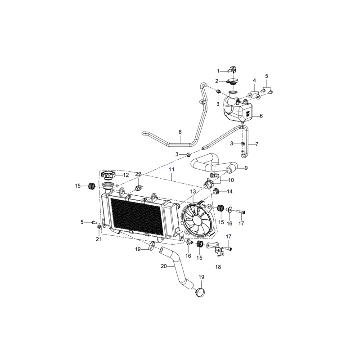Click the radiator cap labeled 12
[x=108, y=175]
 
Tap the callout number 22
[x=138, y=174]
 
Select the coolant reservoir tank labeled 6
[x=238, y=109]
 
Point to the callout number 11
[x=171, y=170]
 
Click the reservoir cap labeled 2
[x=232, y=81]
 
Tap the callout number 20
[x=164, y=266]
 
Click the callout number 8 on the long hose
[x=180, y=132]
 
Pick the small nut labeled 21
[x=99, y=227]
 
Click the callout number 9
[x=246, y=168]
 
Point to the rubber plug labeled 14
[x=216, y=191]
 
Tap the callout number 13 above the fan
[x=193, y=191]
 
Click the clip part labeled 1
[x=232, y=70]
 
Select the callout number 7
[x=256, y=144]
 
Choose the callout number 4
[x=254, y=81]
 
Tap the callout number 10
[x=231, y=180]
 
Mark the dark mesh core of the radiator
[x=137, y=216]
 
